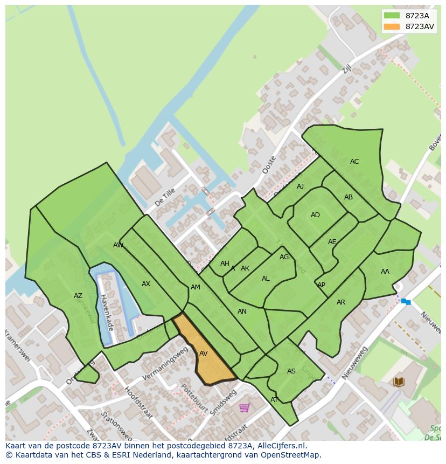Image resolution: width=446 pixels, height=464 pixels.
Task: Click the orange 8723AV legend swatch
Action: (392, 26)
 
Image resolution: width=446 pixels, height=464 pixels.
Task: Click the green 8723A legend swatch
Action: (392, 16)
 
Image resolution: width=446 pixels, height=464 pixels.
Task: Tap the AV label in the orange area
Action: (203, 354)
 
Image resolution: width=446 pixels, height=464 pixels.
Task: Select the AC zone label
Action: (354, 162)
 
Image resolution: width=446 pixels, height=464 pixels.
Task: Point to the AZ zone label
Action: (78, 296)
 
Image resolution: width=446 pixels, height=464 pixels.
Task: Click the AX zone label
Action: (146, 284)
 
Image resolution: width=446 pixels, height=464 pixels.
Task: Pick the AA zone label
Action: (385, 272)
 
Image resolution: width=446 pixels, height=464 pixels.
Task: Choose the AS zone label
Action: (291, 371)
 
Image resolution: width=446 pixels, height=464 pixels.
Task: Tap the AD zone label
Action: (315, 215)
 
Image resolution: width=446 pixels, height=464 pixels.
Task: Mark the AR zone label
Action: (341, 302)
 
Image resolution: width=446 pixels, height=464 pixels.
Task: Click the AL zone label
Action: (266, 279)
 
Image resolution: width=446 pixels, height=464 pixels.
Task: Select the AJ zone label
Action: (300, 186)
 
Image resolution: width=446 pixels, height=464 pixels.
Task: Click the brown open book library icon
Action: (399, 382)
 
